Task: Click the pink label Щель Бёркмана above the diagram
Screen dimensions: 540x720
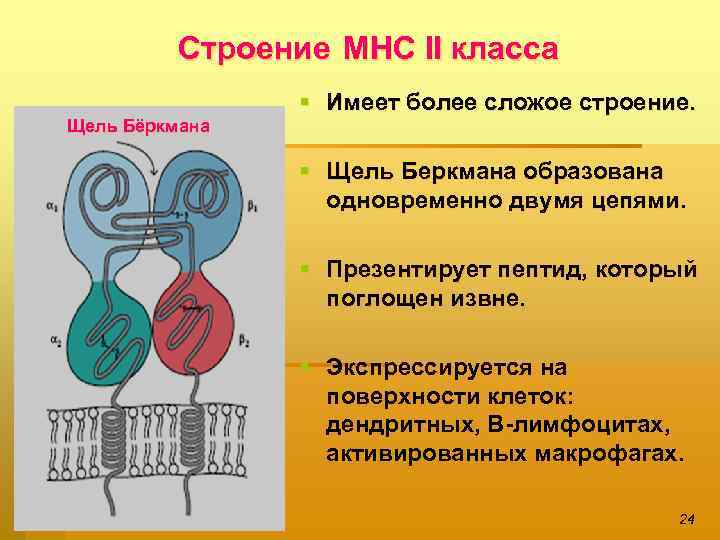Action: (138, 126)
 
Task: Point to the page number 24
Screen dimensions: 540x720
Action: (686, 518)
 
